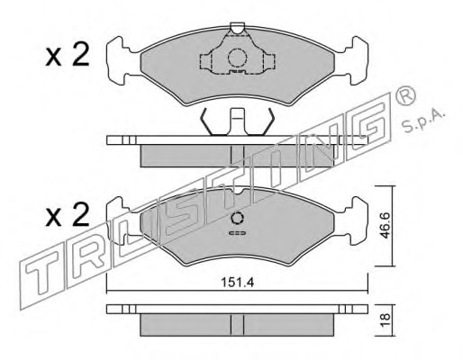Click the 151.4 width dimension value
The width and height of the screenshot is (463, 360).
pyautogui.click(x=238, y=283)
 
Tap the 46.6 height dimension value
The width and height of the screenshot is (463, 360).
pyautogui.click(x=385, y=225)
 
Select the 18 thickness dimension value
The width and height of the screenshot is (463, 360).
pyautogui.click(x=385, y=319)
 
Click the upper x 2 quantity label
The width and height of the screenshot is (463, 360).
pyautogui.click(x=68, y=54)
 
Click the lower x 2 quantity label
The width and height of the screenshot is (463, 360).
pyautogui.click(x=68, y=214)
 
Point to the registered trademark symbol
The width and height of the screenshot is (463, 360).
pyautogui.click(x=405, y=96)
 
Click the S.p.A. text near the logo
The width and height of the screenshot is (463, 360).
pyautogui.click(x=422, y=121)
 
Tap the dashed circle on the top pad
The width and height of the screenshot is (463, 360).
pyautogui.click(x=237, y=58)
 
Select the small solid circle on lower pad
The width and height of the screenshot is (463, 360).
pyautogui.click(x=237, y=218)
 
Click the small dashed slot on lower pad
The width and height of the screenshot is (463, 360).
pyautogui.click(x=237, y=233)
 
